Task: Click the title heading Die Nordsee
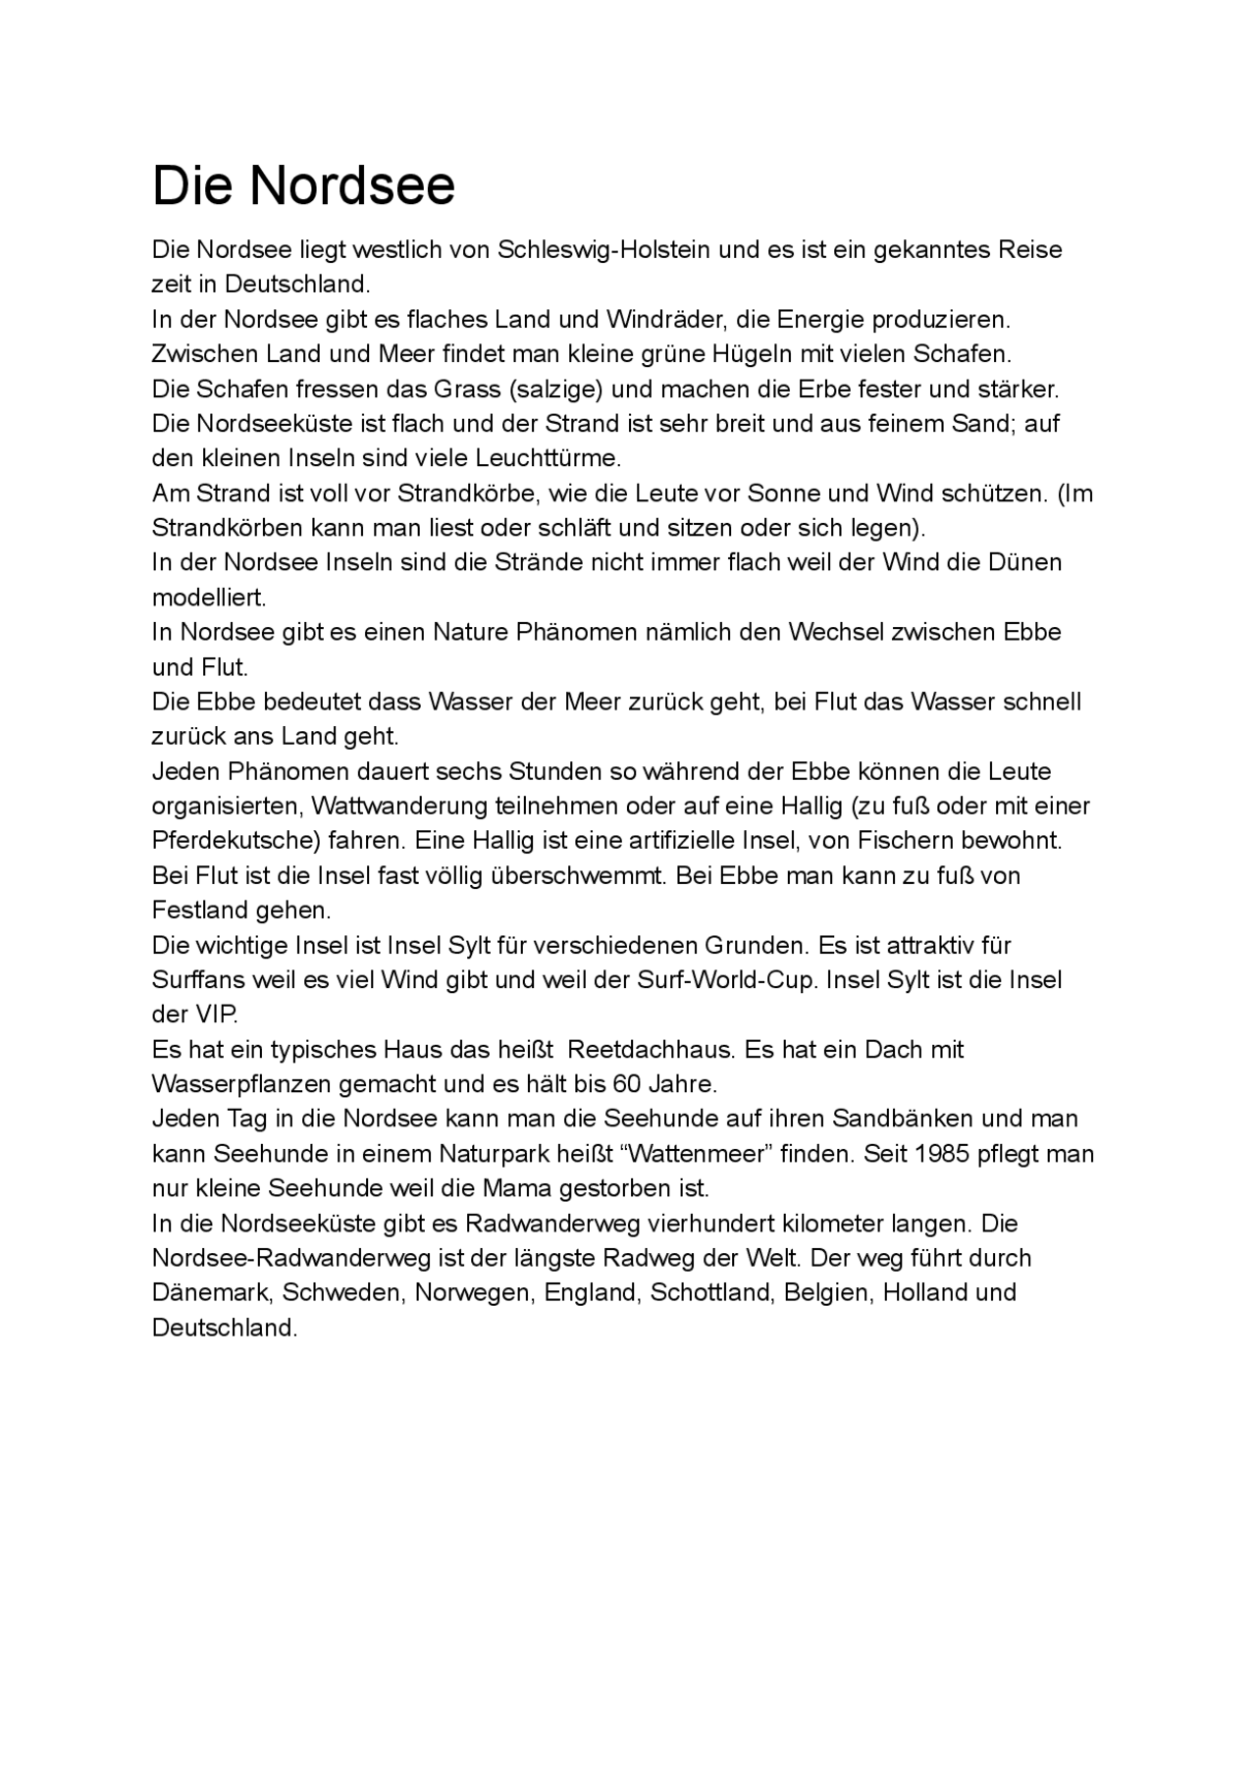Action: point(303,185)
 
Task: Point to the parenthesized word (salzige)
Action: point(555,389)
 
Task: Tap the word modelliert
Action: point(208,598)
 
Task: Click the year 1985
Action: point(942,1154)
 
